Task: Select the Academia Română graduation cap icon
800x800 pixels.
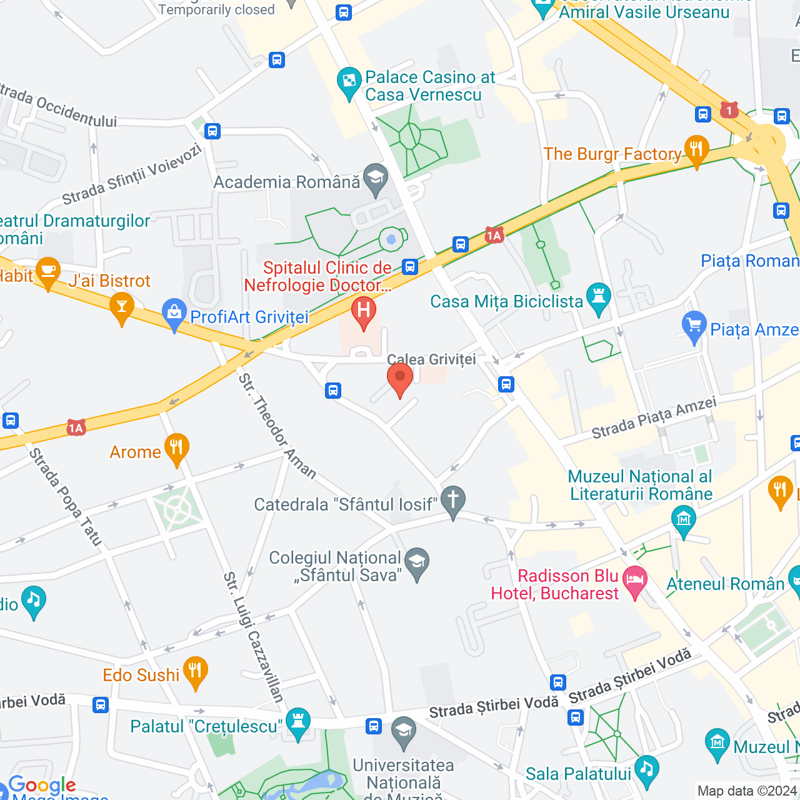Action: [376, 179]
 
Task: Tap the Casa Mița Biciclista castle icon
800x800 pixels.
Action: [599, 298]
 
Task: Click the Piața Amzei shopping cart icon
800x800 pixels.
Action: [694, 326]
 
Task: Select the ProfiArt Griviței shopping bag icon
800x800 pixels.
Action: [174, 314]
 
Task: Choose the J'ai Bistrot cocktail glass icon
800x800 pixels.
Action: [122, 307]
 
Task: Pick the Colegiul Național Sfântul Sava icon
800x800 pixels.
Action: [417, 562]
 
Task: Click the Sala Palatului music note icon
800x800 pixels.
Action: [646, 770]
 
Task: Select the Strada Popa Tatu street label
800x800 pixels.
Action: [65, 497]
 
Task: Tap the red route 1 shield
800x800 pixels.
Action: [729, 111]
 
